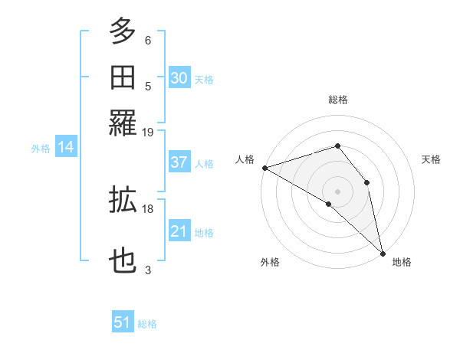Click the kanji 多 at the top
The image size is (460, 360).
click(x=123, y=32)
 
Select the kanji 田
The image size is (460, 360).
click(x=123, y=77)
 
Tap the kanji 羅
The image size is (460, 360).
click(x=123, y=122)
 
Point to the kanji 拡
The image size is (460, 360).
click(x=123, y=200)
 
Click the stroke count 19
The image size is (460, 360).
click(x=148, y=132)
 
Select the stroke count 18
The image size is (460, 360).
click(x=148, y=208)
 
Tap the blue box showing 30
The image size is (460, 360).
click(x=179, y=78)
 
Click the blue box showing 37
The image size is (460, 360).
click(x=179, y=162)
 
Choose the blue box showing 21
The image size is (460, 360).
click(x=179, y=231)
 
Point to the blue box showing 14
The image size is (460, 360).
click(x=66, y=147)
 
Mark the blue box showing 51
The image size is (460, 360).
click(x=123, y=322)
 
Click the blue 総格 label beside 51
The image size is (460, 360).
click(x=147, y=324)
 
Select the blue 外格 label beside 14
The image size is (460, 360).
click(x=41, y=149)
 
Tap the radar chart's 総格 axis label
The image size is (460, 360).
click(x=338, y=100)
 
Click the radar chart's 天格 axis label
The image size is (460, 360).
click(x=432, y=159)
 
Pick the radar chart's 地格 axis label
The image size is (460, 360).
click(x=402, y=262)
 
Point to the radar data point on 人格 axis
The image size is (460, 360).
click(x=264, y=168)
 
